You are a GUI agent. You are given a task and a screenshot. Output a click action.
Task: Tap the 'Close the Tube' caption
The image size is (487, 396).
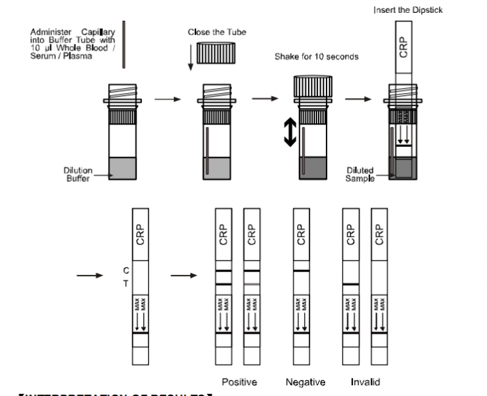coord(213,32)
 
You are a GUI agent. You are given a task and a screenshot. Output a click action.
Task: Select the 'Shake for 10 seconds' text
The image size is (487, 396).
coord(317,57)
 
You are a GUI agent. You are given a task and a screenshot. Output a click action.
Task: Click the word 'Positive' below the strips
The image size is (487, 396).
coord(239,382)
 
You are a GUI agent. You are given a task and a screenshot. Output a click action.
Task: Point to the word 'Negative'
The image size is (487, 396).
coord(305,382)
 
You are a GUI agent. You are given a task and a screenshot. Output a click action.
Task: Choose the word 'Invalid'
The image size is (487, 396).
coord(365,382)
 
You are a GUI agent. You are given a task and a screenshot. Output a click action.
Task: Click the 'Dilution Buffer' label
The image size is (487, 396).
coord(78,174)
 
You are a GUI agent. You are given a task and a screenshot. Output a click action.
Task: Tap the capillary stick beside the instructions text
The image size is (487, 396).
coord(124,44)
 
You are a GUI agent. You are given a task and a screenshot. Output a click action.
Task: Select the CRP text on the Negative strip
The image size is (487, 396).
coord(302,235)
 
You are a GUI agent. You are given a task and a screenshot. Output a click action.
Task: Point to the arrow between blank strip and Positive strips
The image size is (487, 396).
coord(185,275)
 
